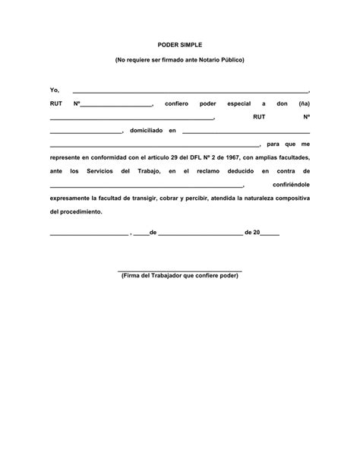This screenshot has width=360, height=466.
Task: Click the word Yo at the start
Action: (54, 90)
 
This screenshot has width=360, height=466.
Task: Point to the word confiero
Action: (175, 103)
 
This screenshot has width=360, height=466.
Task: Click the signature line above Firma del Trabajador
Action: (180, 271)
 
